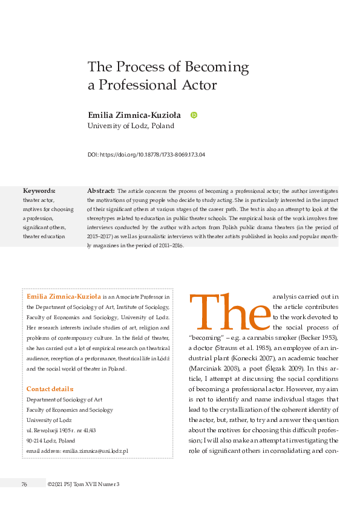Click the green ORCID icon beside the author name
click(194, 115)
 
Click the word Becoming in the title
click(215, 66)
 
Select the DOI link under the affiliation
click(146, 155)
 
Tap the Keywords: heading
click(39, 190)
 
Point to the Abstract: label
click(101, 190)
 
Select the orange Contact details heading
click(50, 371)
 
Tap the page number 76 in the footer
click(24, 484)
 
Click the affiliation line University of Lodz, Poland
click(131, 126)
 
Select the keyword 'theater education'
click(44, 236)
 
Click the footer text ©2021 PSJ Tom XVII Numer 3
click(83, 484)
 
